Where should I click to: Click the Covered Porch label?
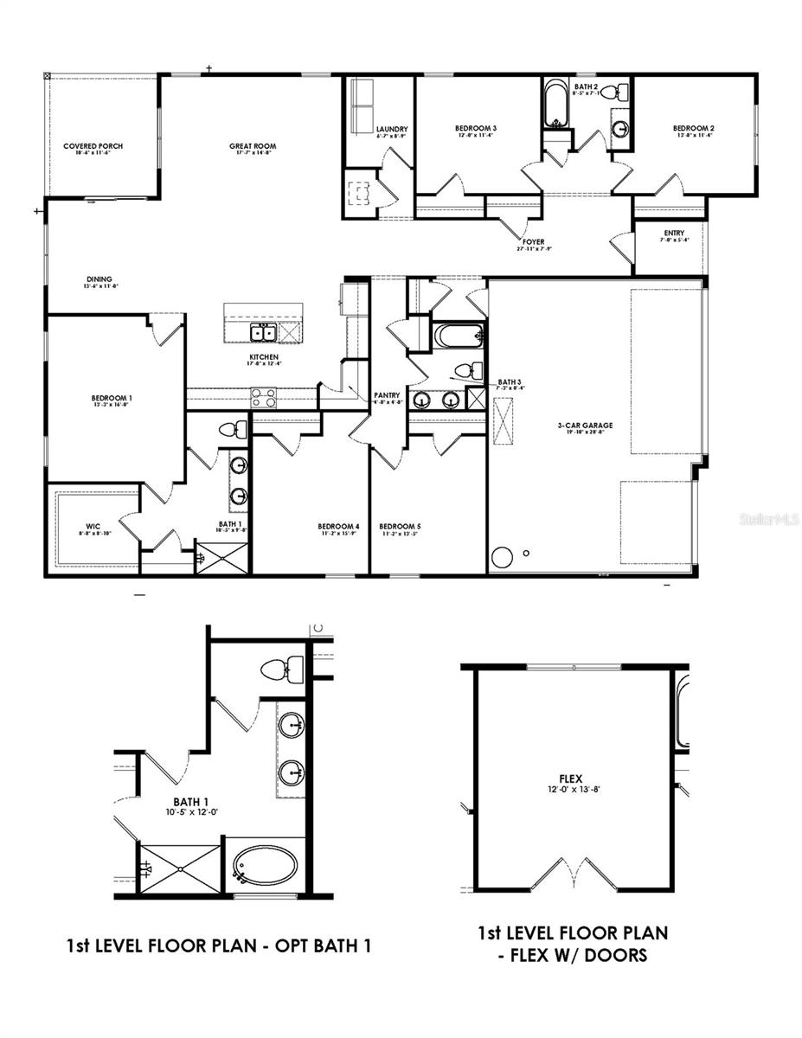pos(93,146)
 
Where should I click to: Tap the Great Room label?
pos(252,146)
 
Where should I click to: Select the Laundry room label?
pos(392,130)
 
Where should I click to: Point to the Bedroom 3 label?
pos(475,129)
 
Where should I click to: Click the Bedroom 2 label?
pos(693,129)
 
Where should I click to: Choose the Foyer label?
pos(533,242)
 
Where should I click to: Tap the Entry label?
pos(674,233)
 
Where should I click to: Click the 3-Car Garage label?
pos(585,425)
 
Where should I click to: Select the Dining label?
pos(99,279)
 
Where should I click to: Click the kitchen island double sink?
pos(262,333)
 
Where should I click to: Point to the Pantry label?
pos(387,395)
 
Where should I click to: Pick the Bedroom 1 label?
pos(112,398)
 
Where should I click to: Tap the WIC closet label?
pos(93,526)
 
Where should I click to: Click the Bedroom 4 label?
pos(338,526)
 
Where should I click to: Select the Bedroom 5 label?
pos(399,526)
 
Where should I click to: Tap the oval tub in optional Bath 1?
pos(265,865)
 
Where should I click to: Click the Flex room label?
pos(571,778)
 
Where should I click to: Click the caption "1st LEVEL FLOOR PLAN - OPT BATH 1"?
pos(219,945)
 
